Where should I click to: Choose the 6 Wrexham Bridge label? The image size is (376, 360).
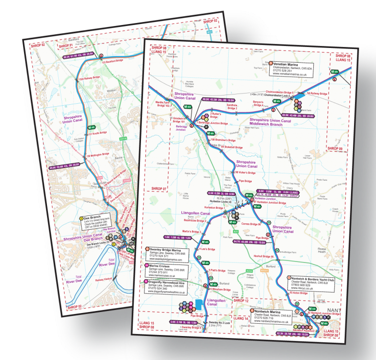pos(220,289)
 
